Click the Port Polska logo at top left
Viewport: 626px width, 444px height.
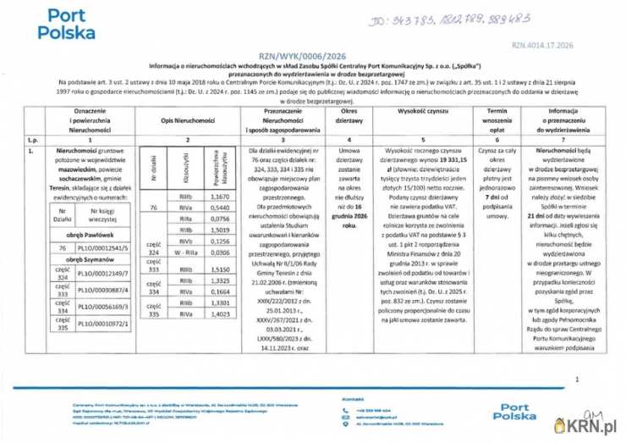point(67,25)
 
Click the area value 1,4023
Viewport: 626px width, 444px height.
point(219,314)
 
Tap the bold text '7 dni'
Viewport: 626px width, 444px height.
point(497,196)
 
